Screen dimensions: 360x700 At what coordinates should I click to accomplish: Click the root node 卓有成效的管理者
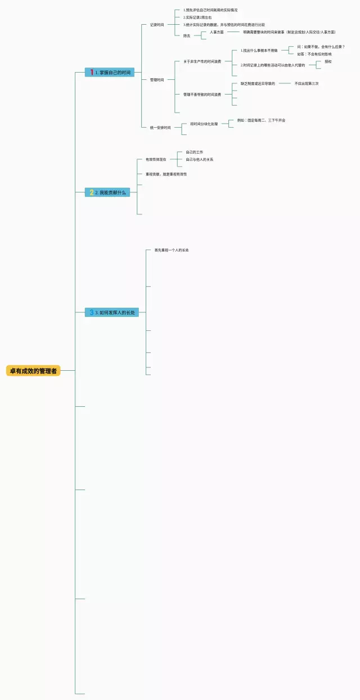pos(33,371)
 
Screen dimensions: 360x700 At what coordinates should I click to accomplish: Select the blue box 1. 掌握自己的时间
pos(110,73)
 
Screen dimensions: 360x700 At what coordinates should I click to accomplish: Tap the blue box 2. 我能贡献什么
pos(107,192)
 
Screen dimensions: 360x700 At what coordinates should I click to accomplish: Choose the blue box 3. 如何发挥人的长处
pos(112,312)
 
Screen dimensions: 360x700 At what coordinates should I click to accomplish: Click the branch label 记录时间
pos(157,25)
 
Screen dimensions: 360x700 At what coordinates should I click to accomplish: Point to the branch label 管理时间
pos(157,80)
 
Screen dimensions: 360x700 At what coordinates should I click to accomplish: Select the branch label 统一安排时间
pos(160,128)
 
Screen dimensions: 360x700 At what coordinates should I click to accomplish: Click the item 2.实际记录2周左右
pos(201,17)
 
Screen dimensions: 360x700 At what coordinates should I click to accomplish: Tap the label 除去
pos(187,36)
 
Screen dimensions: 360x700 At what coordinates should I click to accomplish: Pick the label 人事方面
pos(217,32)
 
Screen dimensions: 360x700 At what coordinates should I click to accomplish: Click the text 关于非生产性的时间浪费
pos(202,61)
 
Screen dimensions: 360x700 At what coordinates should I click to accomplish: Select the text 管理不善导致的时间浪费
pos(202,95)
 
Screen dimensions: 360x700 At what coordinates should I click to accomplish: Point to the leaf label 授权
pos(328,61)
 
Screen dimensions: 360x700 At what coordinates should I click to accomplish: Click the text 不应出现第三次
pos(307,83)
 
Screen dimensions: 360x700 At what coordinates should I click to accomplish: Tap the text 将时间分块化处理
pos(204,124)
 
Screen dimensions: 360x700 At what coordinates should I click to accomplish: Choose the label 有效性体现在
pos(156,160)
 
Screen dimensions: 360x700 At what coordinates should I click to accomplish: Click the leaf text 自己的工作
pos(195,152)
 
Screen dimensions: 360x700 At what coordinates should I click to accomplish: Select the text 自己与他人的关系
pos(200,160)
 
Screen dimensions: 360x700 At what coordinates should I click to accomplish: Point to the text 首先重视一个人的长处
pos(172,250)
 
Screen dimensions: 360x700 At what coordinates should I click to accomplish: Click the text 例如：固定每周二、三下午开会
pos(261,120)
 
